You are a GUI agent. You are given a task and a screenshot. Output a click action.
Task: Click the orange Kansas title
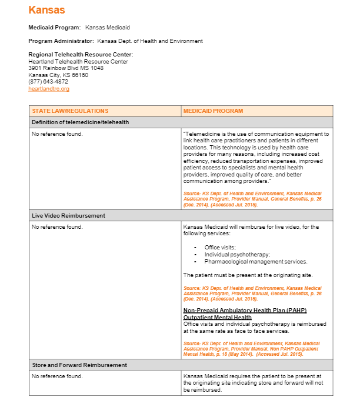pyautogui.click(x=46, y=10)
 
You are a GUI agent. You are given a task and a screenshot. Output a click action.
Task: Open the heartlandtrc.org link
pyautogui.click(x=49, y=89)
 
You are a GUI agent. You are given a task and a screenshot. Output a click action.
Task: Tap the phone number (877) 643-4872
pyautogui.click(x=48, y=82)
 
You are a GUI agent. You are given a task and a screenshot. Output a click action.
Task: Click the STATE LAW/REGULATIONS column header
pyautogui.click(x=70, y=111)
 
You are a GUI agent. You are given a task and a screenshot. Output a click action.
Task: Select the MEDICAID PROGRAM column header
pyautogui.click(x=213, y=111)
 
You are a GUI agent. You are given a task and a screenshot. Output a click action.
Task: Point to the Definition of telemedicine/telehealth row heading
pyautogui.click(x=80, y=122)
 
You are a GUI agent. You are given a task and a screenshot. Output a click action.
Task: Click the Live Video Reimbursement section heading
pyautogui.click(x=68, y=216)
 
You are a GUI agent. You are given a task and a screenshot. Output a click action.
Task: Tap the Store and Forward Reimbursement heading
pyautogui.click(x=79, y=365)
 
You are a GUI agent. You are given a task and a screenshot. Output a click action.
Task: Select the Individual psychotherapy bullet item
pyautogui.click(x=237, y=255)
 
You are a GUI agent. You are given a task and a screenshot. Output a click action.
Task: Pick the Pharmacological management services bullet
pyautogui.click(x=256, y=262)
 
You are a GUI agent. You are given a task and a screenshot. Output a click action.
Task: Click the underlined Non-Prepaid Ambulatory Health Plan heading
pyautogui.click(x=245, y=310)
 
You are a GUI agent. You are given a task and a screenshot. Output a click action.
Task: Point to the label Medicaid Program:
pyautogui.click(x=54, y=28)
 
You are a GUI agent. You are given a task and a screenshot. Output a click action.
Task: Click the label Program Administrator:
pyautogui.click(x=61, y=41)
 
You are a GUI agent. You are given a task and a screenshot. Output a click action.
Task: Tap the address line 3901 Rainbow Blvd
pyautogui.click(x=66, y=68)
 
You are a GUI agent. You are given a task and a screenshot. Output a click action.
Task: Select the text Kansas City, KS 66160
pyautogui.click(x=58, y=75)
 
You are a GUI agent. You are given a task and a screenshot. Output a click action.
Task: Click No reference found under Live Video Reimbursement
pyautogui.click(x=57, y=226)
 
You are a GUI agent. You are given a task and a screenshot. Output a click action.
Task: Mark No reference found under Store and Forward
pyautogui.click(x=57, y=376)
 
